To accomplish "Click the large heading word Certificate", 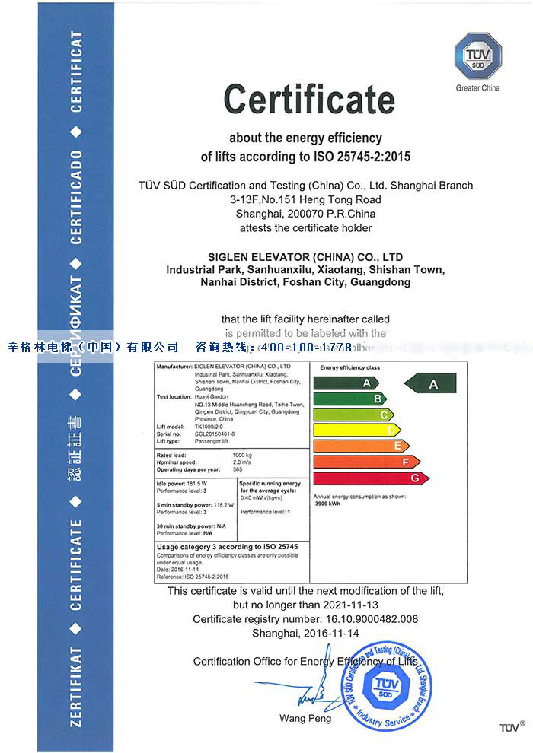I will pos(309,100).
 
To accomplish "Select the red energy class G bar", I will pos(371,478).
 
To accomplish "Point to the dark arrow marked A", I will pos(429,383).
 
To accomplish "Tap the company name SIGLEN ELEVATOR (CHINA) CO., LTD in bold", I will pos(306,257).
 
